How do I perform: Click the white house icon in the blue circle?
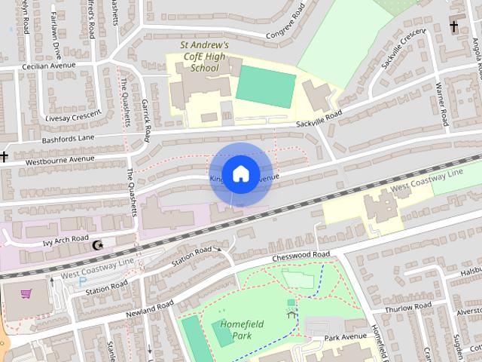pos(240,173)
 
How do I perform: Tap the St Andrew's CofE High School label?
pos(204,57)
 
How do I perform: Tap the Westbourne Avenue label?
pos(60,160)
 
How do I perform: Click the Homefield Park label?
pos(230,328)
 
